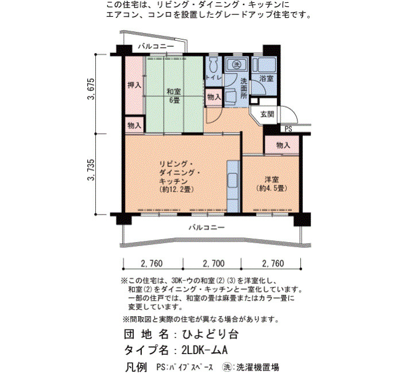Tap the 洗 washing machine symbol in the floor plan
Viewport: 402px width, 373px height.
click(236, 64)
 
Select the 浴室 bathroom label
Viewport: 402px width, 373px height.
click(266, 79)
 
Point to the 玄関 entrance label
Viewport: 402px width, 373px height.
click(267, 114)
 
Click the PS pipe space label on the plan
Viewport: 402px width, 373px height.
click(288, 129)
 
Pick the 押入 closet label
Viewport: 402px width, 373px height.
click(134, 85)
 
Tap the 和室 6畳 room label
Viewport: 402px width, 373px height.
click(174, 96)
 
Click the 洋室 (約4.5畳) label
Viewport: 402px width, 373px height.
click(272, 184)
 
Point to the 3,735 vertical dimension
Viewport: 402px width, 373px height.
click(91, 170)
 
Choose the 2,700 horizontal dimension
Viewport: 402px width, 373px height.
click(214, 263)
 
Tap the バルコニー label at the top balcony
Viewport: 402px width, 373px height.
click(156, 46)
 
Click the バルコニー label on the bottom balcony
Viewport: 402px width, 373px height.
click(207, 227)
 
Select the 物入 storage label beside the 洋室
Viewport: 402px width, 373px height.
click(283, 146)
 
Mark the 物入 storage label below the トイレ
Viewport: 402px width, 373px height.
click(214, 97)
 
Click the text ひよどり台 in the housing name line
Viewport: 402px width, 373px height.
click(210, 335)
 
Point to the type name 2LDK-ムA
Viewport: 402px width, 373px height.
click(204, 350)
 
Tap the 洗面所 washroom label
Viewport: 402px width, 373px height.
click(243, 88)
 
